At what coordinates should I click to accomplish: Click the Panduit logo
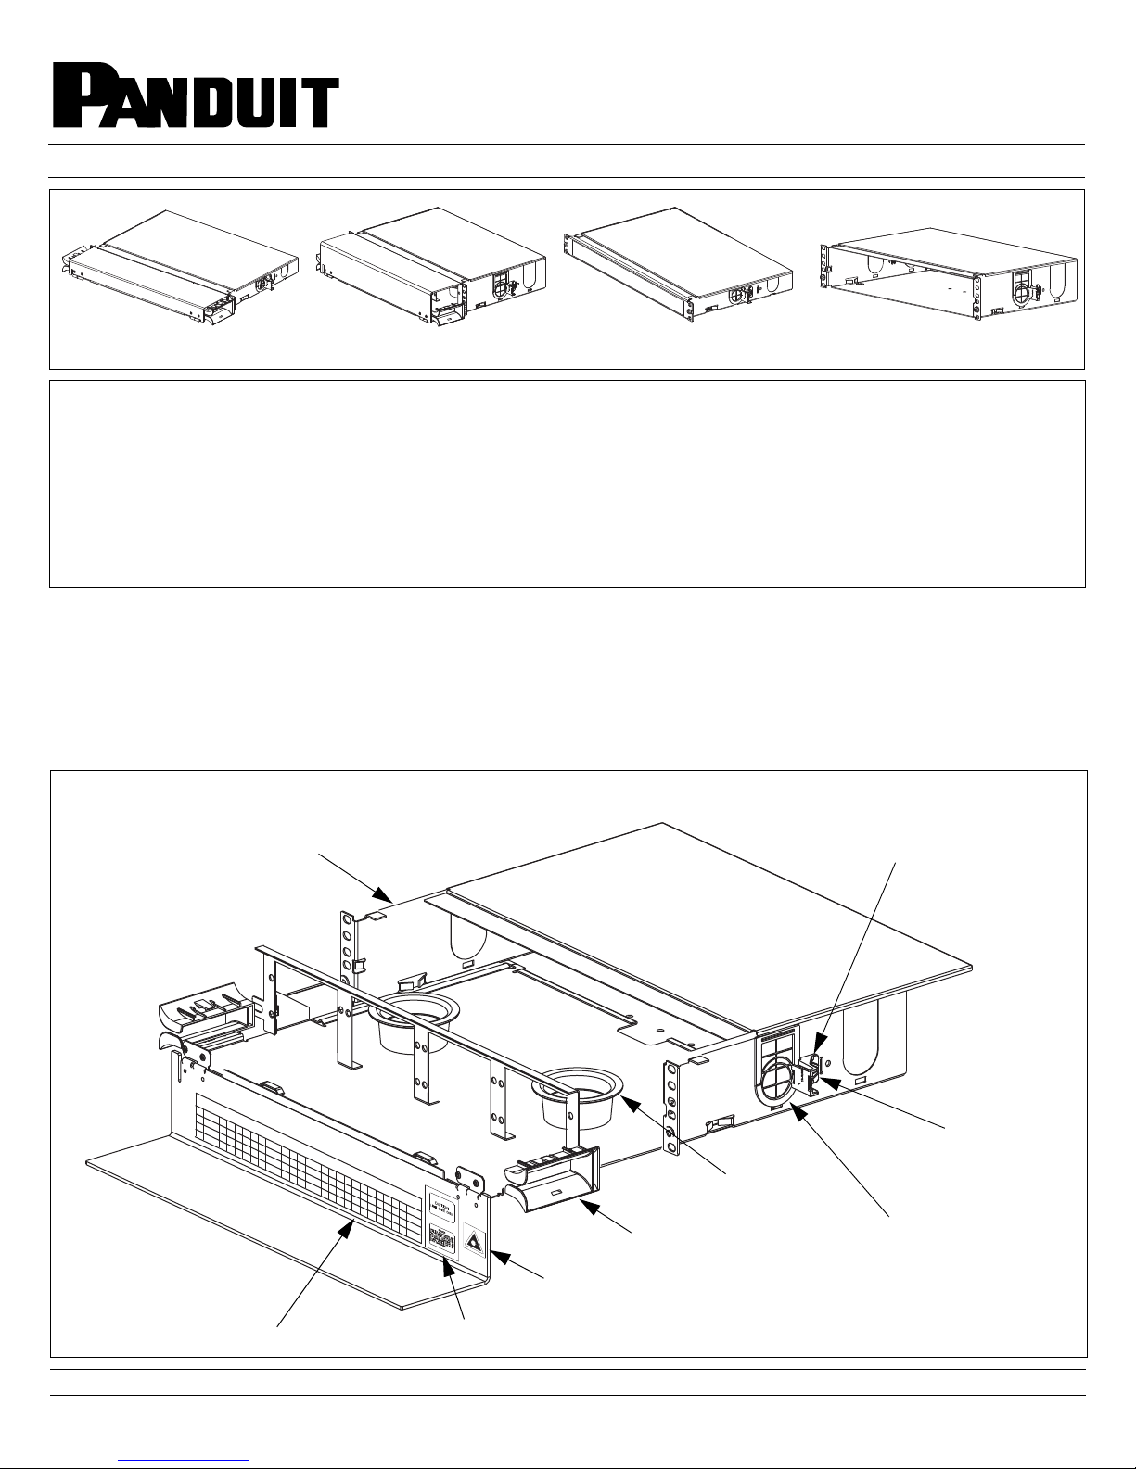[195, 94]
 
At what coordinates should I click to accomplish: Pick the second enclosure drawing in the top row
[431, 264]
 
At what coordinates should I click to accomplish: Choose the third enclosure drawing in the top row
[677, 264]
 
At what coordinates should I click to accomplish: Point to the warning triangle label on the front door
[472, 1239]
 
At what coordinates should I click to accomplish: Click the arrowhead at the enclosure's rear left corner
[383, 894]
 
